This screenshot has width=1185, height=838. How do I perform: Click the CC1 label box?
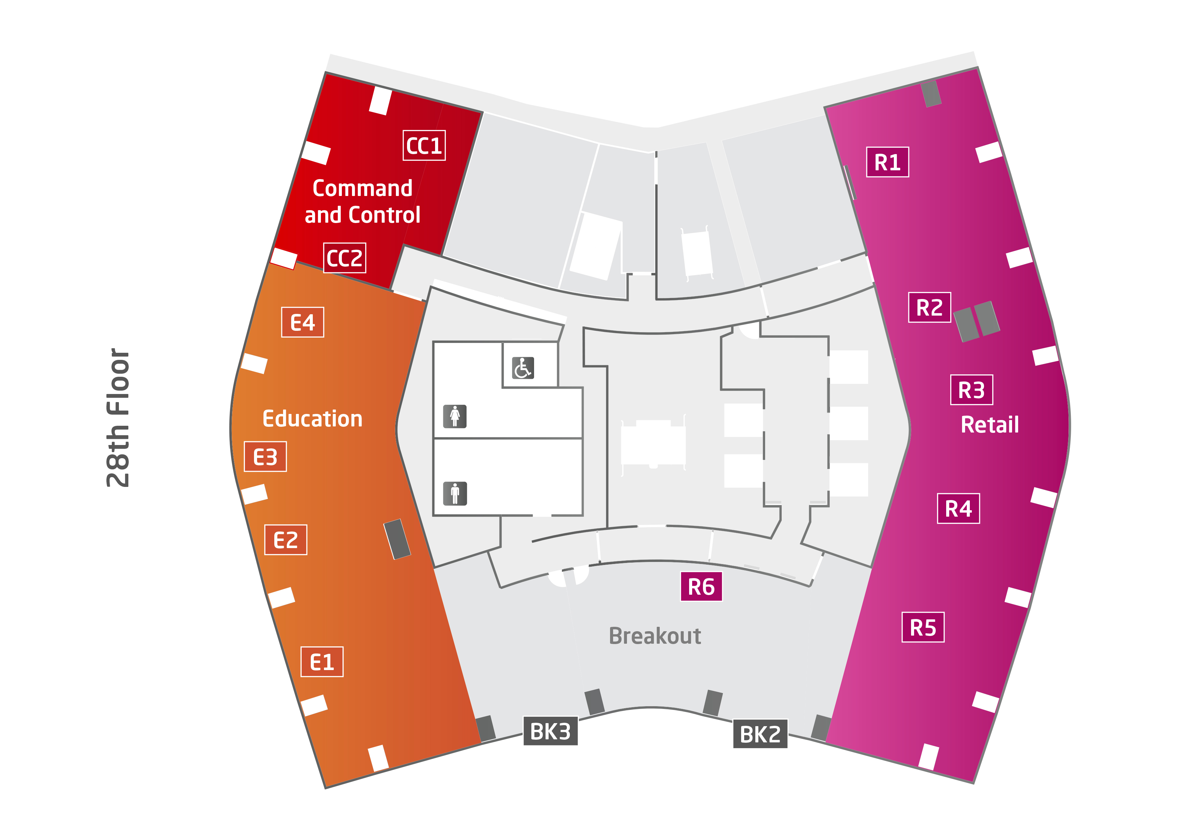pos(424,146)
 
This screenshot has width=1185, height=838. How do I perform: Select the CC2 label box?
pos(344,257)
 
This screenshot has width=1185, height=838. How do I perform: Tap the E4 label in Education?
pos(302,322)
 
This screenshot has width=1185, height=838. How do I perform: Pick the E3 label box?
pos(265,457)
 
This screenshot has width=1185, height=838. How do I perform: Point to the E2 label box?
pos(285,540)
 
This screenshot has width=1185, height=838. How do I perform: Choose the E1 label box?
pos(322,661)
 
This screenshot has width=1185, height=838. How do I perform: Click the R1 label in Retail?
pos(887,162)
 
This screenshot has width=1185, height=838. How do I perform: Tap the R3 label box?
pos(971,390)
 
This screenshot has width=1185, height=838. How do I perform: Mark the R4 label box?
pos(958,509)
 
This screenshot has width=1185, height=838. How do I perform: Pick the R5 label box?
pos(923,627)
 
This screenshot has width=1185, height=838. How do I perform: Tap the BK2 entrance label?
pos(760,734)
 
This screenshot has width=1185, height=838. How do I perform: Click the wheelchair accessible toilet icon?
pos(523,368)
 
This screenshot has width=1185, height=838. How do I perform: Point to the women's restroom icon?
pos(455,416)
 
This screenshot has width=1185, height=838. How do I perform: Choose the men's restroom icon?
pos(455,493)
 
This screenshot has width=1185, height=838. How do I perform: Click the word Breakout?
pos(655,636)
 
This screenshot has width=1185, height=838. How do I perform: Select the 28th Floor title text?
pos(118,418)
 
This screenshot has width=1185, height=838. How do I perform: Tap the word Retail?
pos(990,424)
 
